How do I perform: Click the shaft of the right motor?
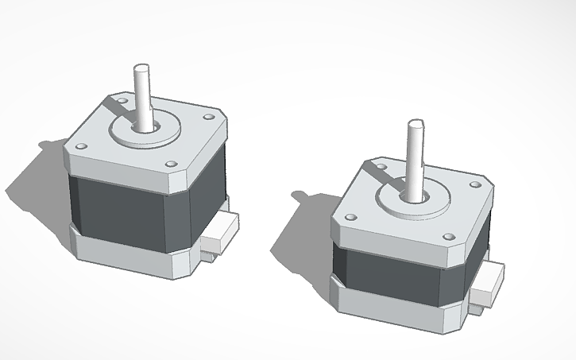coord(415,156)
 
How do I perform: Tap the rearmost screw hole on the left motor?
coord(122,102)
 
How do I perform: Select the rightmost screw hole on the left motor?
coord(208,117)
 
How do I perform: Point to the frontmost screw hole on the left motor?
coord(172,165)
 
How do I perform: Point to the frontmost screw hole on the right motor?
coord(449,237)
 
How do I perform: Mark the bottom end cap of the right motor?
coord(397,310)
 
